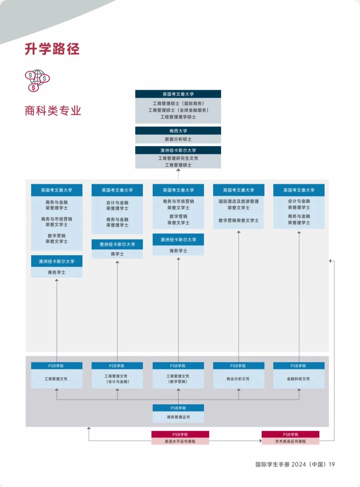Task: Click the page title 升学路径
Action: (52, 49)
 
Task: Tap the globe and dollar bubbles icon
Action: (37, 81)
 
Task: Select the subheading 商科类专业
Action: (53, 110)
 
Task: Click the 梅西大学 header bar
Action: (178, 131)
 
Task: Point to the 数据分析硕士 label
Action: (178, 139)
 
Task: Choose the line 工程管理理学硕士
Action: (178, 117)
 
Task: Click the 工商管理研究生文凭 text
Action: (178, 158)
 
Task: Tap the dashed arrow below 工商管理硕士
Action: (178, 174)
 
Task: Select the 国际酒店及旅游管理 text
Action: (239, 201)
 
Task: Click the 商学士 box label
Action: (117, 254)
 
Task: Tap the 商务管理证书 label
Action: (178, 417)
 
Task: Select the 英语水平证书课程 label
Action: (180, 441)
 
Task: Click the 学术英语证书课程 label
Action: (290, 441)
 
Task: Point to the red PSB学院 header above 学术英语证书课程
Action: (290, 434)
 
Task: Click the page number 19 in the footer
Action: (332, 464)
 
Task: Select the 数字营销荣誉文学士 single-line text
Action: (239, 220)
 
